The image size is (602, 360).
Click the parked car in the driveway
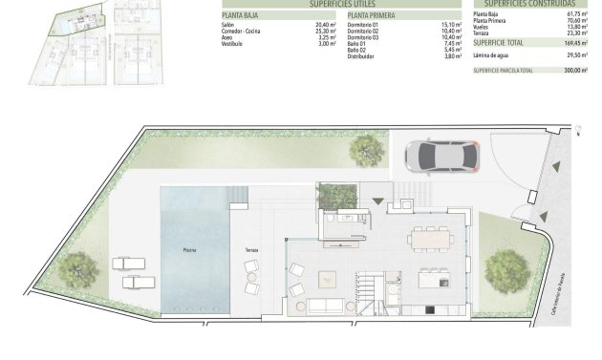pyautogui.click(x=441, y=155)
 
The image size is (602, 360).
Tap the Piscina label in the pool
pyautogui.click(x=190, y=249)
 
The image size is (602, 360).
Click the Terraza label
pyautogui.click(x=251, y=249)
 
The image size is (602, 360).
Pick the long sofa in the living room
pyautogui.click(x=325, y=306)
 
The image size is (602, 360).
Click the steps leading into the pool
pyautogui.click(x=237, y=198)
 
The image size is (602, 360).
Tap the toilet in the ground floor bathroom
pyautogui.click(x=330, y=220)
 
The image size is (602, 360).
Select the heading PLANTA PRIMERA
pyautogui.click(x=370, y=16)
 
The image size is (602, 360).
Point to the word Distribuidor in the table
pyautogui.click(x=362, y=56)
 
